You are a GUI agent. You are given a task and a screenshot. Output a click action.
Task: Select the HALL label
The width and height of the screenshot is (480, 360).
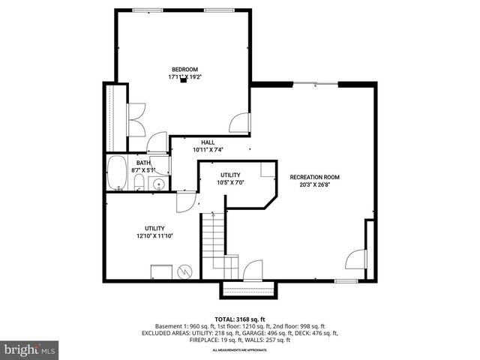[208, 142]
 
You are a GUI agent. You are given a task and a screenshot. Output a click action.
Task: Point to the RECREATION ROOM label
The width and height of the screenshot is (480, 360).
[315, 178]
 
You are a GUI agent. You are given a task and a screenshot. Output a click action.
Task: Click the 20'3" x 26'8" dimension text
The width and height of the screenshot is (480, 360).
[315, 185]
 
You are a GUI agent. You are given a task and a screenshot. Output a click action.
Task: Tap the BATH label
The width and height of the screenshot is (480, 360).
[142, 163]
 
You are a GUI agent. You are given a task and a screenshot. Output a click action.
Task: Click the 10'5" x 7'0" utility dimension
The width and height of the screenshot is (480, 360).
[230, 182]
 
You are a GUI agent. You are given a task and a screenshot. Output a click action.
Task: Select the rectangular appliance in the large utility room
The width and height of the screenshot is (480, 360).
[161, 272]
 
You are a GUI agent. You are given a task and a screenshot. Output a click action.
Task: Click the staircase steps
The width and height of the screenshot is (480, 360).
[213, 240]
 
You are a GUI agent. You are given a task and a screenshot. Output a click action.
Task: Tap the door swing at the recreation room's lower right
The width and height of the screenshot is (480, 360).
[353, 260]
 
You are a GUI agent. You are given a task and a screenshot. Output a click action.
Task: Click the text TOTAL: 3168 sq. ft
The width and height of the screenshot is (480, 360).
[239, 319]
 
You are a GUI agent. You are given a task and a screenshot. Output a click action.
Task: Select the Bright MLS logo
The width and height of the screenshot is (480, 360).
[29, 349]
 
